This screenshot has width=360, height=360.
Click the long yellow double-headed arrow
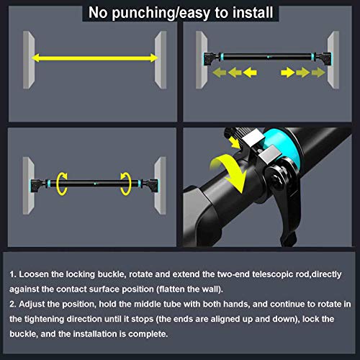click(94, 58)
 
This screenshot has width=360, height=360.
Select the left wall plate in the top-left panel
click(29, 60)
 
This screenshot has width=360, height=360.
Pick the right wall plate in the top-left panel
click(161, 60)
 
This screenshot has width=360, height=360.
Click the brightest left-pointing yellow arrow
click(250, 72)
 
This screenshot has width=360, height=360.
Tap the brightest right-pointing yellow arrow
click(288, 72)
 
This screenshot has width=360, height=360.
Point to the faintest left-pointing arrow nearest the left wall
click(220, 72)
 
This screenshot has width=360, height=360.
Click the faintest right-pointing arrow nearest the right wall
click(318, 72)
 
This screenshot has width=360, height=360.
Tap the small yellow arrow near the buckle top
click(234, 142)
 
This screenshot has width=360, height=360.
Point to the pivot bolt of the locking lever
click(279, 178)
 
